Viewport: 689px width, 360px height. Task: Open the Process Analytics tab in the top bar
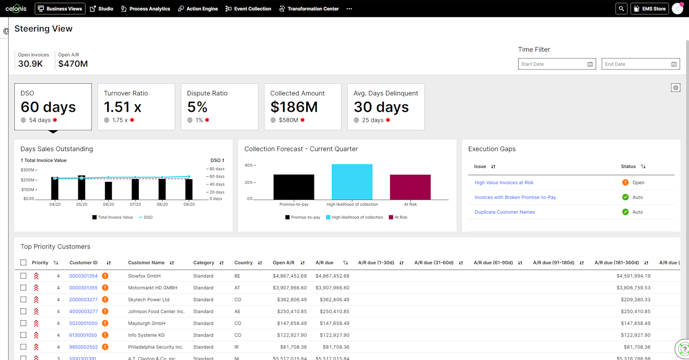[145, 9]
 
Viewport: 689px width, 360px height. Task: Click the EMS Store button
[649, 9]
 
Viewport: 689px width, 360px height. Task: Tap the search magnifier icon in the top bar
[621, 9]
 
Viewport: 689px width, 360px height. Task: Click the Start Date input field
[553, 64]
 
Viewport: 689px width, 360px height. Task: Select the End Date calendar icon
[674, 64]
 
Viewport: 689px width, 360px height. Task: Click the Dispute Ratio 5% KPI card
[219, 106]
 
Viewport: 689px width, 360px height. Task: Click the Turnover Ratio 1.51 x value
[122, 107]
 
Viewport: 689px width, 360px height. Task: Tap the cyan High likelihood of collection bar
[352, 182]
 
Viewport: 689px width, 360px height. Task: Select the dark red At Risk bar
[410, 187]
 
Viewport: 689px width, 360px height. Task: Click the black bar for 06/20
[109, 191]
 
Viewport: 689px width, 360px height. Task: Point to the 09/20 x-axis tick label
[189, 204]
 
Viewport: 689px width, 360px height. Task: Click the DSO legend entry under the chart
[145, 217]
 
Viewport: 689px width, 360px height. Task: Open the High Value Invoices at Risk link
[504, 182]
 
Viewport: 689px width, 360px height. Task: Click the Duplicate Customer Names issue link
[504, 212]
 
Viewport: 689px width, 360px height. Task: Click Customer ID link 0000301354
[83, 276]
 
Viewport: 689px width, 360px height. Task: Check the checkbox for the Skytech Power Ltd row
[23, 300]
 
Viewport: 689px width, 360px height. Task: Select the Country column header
[243, 263]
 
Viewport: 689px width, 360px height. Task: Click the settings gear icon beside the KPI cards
[675, 88]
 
